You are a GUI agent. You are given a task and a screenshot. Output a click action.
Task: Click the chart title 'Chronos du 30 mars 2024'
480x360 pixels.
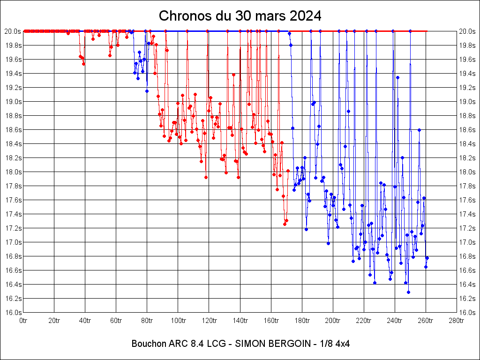[240, 16]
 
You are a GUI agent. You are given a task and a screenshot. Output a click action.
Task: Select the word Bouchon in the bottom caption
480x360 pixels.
[149, 344]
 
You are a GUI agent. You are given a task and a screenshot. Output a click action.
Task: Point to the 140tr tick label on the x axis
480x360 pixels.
[240, 321]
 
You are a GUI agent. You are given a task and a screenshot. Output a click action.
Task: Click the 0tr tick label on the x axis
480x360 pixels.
[23, 321]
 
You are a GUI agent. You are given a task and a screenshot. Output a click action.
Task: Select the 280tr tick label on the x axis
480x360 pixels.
[457, 321]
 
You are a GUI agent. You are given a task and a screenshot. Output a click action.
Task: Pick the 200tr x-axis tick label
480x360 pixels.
[333, 321]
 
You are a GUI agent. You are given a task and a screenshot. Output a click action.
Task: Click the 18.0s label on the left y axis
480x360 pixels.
[13, 172]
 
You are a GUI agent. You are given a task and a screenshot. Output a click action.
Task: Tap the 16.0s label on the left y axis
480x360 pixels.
[13, 313]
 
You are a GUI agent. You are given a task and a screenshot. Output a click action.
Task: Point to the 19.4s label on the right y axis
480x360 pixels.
[467, 74]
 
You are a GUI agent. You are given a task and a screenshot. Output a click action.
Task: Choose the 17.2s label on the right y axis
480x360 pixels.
[467, 228]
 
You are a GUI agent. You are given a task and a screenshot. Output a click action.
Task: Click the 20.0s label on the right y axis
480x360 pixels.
[467, 31]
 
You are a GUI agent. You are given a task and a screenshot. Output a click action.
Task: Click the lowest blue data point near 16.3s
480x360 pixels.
[408, 292]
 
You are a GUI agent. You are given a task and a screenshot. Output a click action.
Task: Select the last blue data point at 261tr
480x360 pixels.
[427, 258]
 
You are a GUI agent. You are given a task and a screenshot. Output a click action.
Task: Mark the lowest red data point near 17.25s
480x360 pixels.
[285, 224]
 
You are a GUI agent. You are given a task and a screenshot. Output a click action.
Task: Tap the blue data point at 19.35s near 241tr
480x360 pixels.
[397, 77]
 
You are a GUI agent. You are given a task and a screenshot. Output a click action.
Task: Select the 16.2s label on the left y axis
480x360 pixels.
[13, 299]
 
